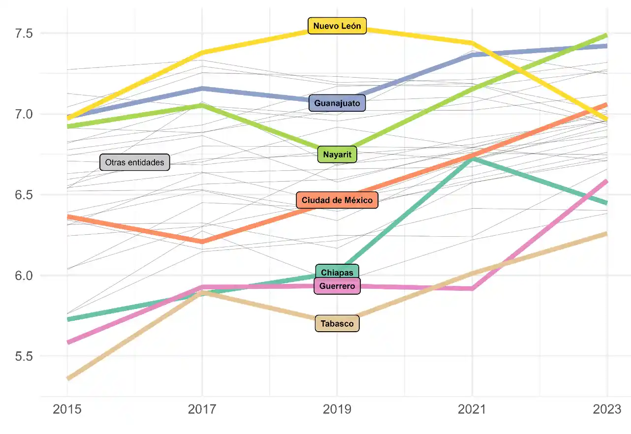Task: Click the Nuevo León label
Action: [337, 26]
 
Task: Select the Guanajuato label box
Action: [337, 103]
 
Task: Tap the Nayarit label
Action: [337, 155]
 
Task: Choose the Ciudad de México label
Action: [337, 200]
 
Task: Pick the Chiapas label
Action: [337, 273]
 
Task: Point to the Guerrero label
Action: [337, 286]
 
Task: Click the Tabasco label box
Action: [337, 324]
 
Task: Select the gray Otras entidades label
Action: [135, 162]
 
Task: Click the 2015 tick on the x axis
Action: [67, 409]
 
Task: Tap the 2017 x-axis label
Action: [202, 409]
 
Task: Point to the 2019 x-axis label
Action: [337, 409]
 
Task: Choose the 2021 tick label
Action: [473, 409]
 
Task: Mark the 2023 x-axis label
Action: [607, 409]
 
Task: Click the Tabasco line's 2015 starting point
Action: [67, 378]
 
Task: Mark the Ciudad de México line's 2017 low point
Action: [202, 242]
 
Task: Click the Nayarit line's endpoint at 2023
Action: [607, 35]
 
